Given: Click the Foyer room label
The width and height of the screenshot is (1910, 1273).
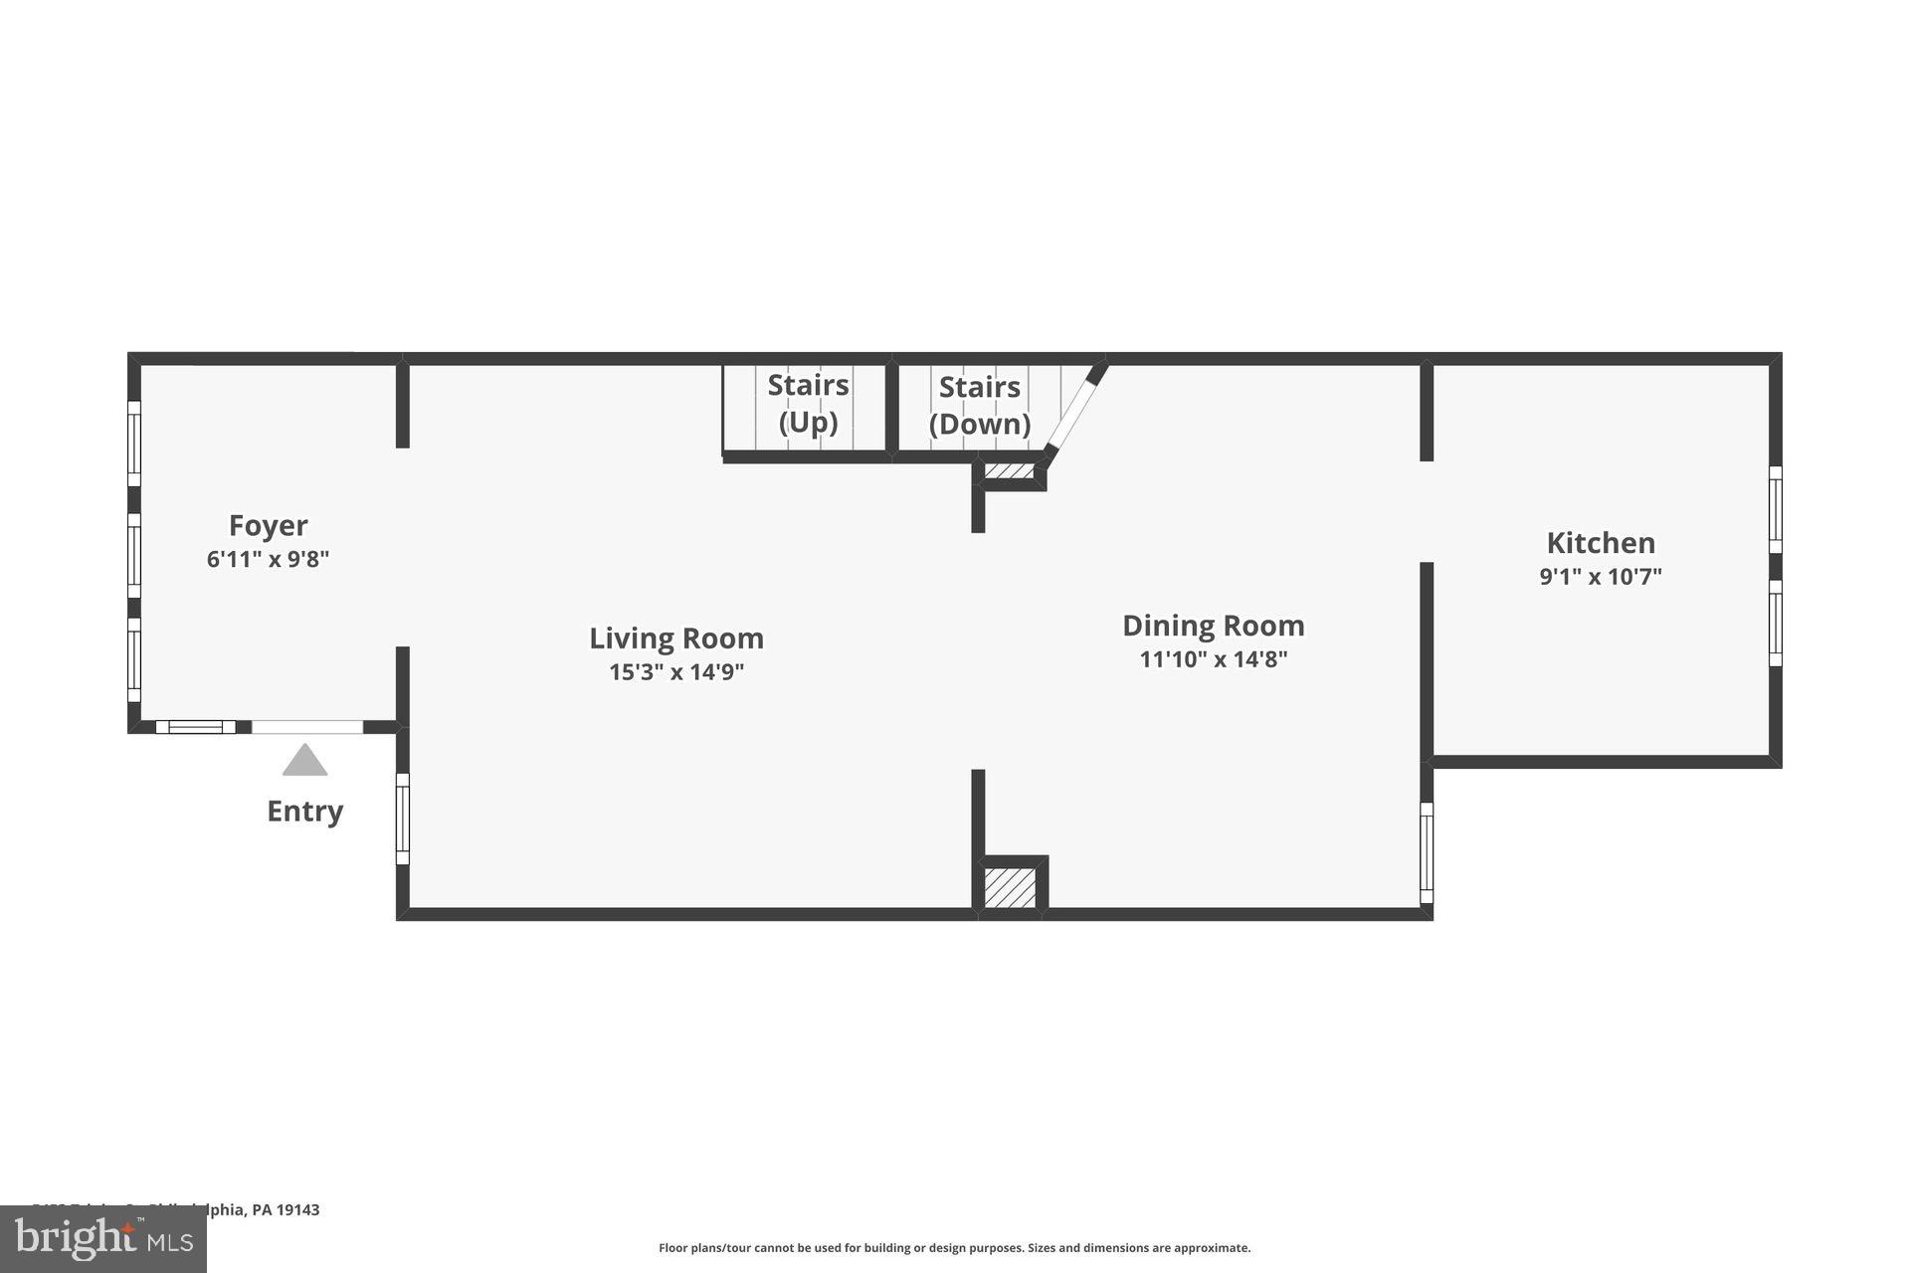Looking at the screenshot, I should coord(268,525).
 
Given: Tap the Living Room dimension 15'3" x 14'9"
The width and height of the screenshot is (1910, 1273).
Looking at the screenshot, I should coord(676,672).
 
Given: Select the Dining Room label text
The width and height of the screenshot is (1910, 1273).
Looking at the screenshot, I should coord(1213,626).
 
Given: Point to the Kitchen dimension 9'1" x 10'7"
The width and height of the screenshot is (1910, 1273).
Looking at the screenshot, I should coord(1601,577).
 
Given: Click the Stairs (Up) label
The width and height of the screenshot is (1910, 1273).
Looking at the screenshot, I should coord(808,404).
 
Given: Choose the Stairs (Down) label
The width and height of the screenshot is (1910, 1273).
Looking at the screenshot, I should coord(979,406).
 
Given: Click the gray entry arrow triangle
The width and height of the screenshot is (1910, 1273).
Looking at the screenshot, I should coord(304,761).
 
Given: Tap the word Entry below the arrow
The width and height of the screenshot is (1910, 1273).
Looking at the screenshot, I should coord(304,812).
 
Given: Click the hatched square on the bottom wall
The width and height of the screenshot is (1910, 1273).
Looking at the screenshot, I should coord(1010,886).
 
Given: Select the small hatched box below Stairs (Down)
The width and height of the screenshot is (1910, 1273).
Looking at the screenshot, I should coord(1009,470).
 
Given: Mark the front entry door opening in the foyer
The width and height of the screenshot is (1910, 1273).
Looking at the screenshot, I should coord(306,727).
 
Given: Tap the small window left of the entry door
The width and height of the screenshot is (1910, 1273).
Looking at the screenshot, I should coord(196,727).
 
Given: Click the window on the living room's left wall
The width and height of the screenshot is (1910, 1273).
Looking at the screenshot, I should coord(403,818).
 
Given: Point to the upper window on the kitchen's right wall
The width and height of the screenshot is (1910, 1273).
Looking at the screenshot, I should coord(1775,509).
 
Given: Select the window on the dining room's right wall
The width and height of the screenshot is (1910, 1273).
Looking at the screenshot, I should coord(1426,852).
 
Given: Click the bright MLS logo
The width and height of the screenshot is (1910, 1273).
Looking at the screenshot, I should coord(103,1239).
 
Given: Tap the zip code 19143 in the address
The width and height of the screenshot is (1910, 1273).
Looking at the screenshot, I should coord(297,1210).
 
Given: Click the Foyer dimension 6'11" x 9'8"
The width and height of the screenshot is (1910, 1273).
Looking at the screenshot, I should coord(268,560).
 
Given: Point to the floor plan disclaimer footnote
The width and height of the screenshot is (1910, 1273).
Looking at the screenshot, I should coord(954,1248).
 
